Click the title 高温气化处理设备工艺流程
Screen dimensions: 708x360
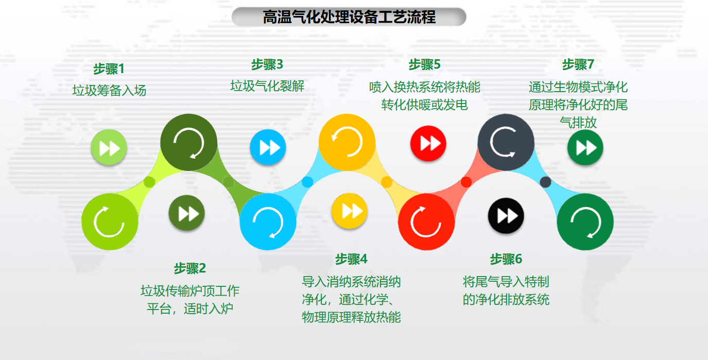click(349, 17)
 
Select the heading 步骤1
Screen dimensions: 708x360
click(109, 69)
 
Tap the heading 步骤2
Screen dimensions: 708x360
click(190, 268)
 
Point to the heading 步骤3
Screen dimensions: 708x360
click(267, 64)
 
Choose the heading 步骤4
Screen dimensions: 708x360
click(351, 259)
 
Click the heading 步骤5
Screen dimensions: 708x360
click(424, 64)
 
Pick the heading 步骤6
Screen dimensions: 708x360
click(506, 259)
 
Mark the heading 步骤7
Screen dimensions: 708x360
click(578, 64)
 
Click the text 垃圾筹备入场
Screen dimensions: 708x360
click(109, 91)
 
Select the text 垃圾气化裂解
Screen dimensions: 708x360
click(267, 86)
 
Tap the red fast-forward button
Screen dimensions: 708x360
click(428, 144)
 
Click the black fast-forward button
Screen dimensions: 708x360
click(506, 216)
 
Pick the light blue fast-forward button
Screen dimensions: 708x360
click(268, 147)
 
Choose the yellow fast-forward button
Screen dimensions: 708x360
click(349, 211)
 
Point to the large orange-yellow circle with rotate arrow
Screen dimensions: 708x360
click(347, 142)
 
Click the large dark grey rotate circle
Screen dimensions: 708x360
click(506, 142)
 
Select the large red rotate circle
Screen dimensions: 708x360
click(426, 222)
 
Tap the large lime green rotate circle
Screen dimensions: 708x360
click(110, 222)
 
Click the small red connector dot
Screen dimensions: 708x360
click(466, 182)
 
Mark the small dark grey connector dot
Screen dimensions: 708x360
click(545, 182)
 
